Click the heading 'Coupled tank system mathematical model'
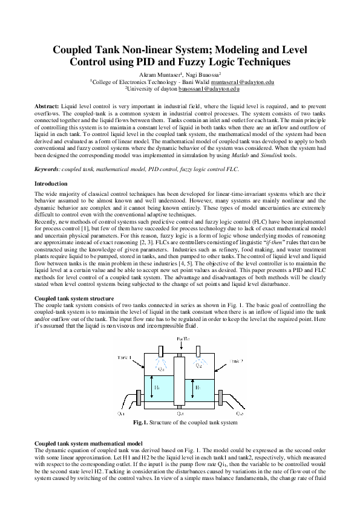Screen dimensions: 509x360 tap(88, 443)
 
